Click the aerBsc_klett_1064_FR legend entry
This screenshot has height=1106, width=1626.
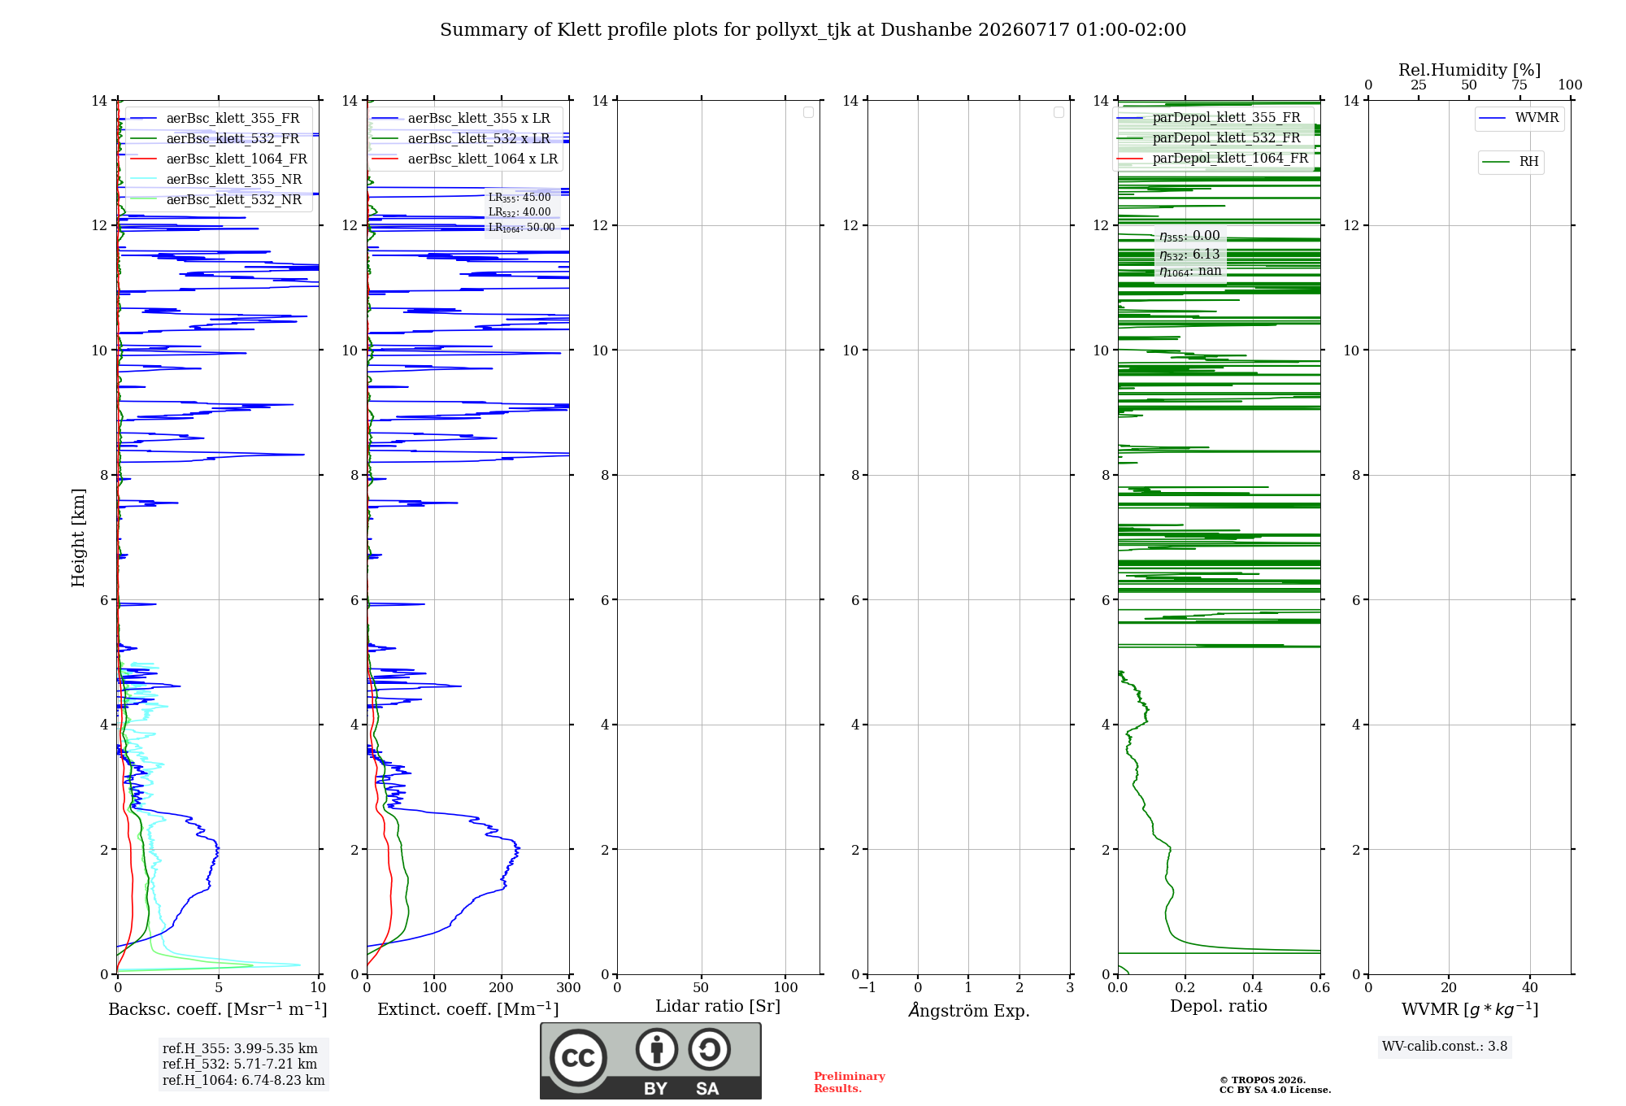[x=218, y=159]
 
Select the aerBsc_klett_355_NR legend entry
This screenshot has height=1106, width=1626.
[x=215, y=179]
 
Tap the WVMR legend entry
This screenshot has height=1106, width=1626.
[x=1519, y=118]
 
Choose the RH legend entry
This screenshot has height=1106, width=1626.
[x=1511, y=162]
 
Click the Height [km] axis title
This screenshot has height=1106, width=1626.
[x=78, y=538]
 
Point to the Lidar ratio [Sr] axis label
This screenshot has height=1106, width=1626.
[x=718, y=1006]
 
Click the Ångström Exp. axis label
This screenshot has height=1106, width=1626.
[x=969, y=1010]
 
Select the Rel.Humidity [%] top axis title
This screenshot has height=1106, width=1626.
[x=1469, y=70]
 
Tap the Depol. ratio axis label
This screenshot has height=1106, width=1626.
[x=1219, y=1006]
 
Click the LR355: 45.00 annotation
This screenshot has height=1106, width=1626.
[x=520, y=198]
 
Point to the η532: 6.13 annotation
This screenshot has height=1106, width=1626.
[x=1189, y=255]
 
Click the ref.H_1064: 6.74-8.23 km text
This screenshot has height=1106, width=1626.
[x=244, y=1080]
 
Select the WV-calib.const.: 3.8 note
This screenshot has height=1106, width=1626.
[x=1445, y=1047]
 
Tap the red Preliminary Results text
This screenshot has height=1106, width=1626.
[x=850, y=1082]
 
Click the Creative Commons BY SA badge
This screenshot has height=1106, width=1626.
[x=650, y=1061]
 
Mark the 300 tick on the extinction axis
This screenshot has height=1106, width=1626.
[x=569, y=987]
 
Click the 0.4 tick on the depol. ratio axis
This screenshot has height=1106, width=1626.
[x=1253, y=987]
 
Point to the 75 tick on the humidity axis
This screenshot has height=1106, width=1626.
[x=1519, y=85]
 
